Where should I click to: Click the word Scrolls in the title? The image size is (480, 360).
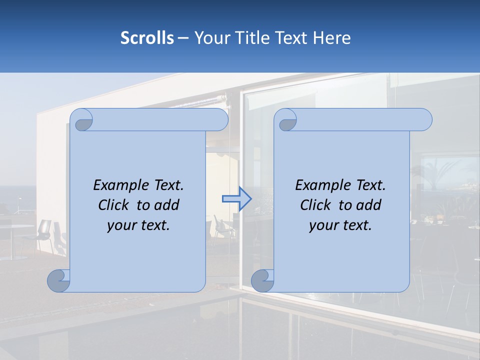click(x=147, y=37)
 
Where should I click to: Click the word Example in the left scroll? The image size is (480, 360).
click(x=118, y=185)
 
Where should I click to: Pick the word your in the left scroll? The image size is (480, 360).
click(x=118, y=225)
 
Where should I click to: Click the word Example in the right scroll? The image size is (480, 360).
click(x=320, y=185)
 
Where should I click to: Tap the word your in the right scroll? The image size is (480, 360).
click(x=320, y=225)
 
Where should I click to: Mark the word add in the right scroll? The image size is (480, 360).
click(x=369, y=205)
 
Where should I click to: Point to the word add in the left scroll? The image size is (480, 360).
click(x=167, y=205)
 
